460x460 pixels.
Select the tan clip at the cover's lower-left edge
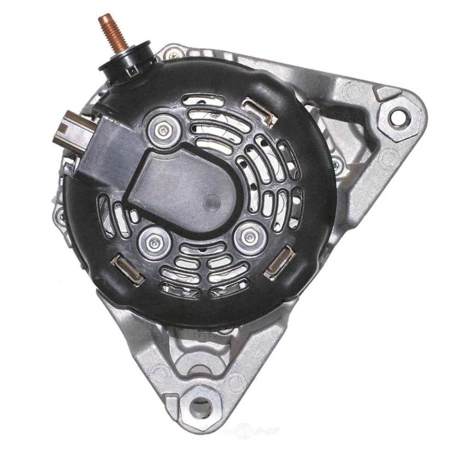point(127,270)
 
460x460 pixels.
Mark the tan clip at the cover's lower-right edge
point(279,262)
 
